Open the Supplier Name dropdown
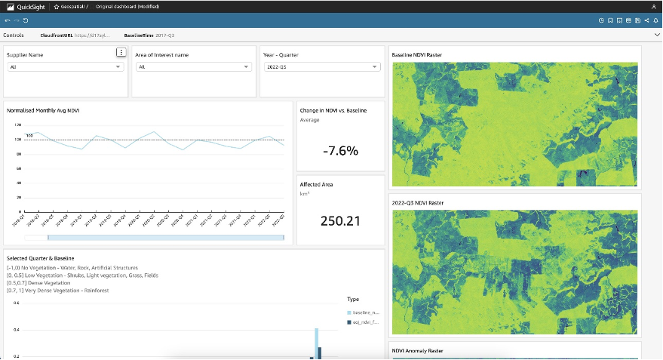(x=65, y=67)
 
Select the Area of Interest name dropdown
(x=193, y=67)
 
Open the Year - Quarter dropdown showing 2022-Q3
(x=321, y=67)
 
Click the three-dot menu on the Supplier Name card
(x=121, y=52)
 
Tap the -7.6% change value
(x=340, y=150)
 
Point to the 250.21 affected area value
(x=340, y=221)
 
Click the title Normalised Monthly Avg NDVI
(x=43, y=111)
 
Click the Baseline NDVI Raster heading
(x=417, y=55)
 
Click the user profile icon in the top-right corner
(x=653, y=6)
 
